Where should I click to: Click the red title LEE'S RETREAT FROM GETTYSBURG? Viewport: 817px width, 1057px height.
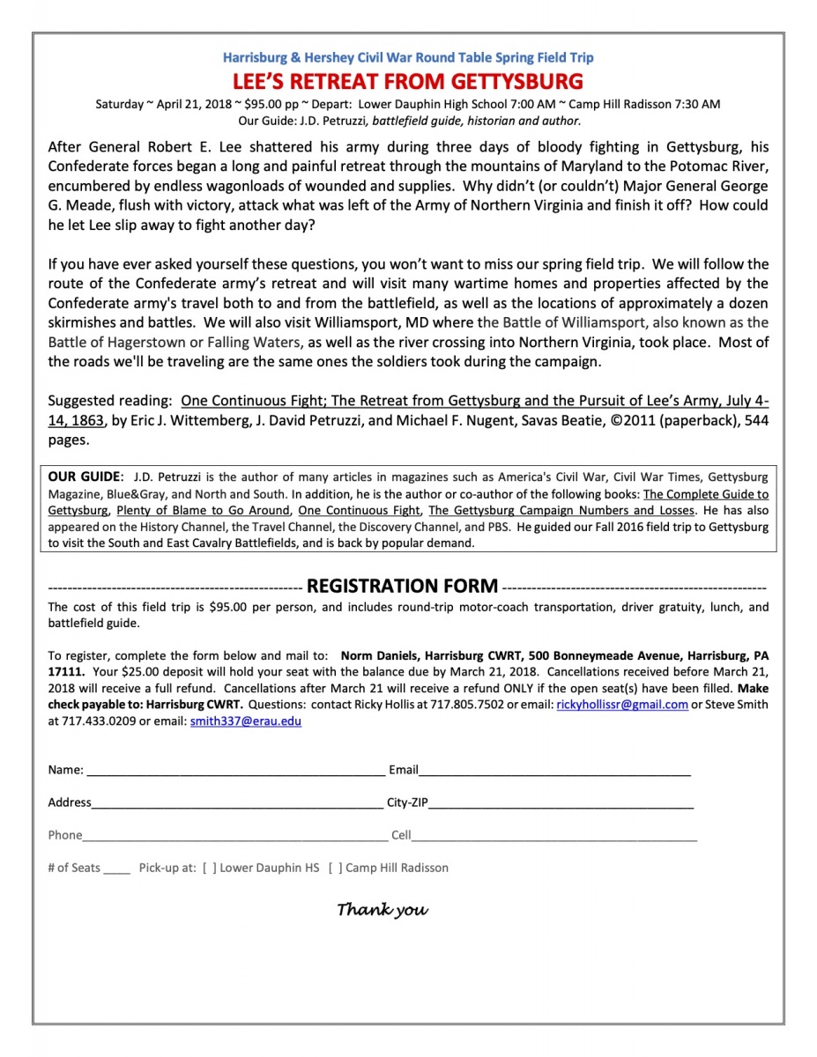click(x=408, y=82)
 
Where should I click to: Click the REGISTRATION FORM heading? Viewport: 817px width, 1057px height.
click(x=402, y=587)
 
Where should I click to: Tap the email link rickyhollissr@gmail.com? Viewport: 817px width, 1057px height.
click(x=622, y=705)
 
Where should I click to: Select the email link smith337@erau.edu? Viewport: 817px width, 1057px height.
click(x=246, y=721)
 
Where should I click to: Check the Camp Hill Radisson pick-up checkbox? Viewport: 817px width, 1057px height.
click(x=335, y=869)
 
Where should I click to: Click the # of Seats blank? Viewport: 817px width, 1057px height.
click(x=116, y=869)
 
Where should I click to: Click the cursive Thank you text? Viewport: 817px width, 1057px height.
click(x=383, y=909)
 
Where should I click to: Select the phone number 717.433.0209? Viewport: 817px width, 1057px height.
click(x=96, y=721)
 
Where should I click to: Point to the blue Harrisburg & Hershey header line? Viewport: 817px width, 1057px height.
click(x=408, y=58)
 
